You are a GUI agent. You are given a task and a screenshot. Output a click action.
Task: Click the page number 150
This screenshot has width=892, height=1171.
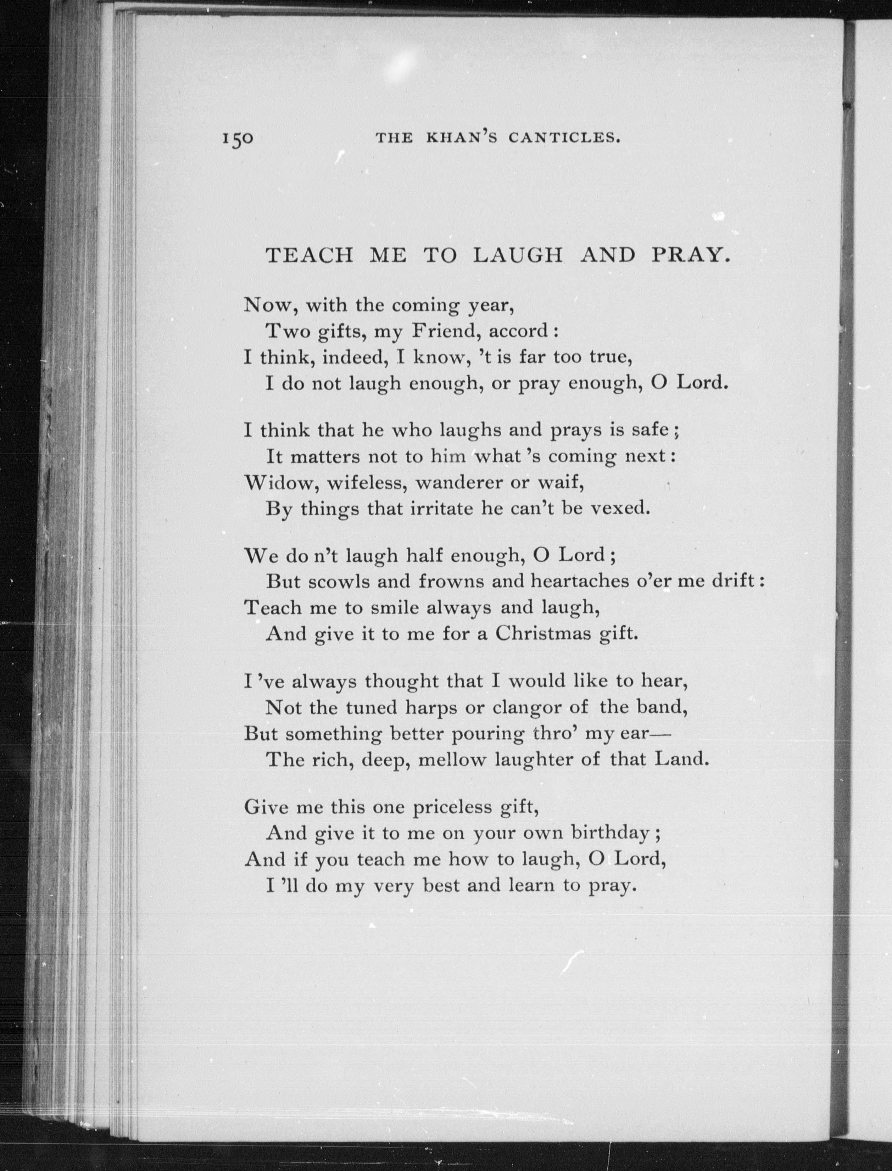tap(238, 139)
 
